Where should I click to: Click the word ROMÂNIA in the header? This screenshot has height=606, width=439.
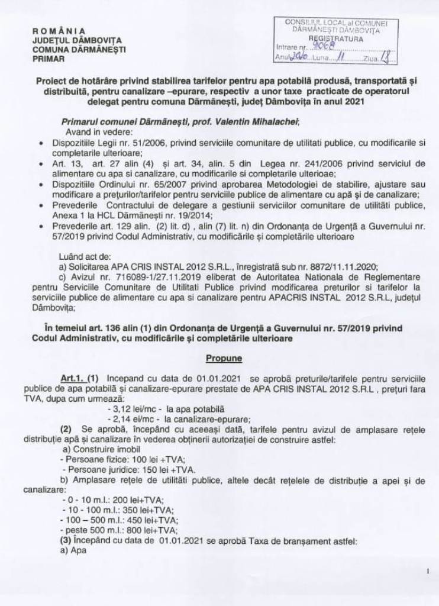59,31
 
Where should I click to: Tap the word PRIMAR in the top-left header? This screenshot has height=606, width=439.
47,59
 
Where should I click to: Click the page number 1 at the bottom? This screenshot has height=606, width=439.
427,572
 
